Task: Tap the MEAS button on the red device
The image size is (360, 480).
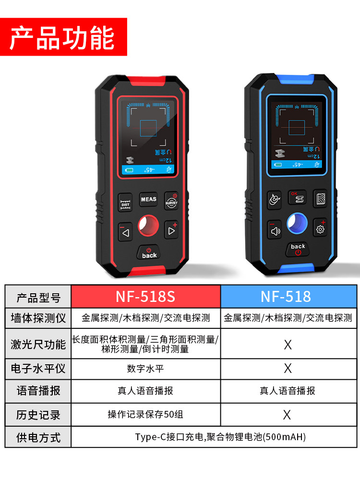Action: (148, 199)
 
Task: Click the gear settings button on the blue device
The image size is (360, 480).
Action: (320, 228)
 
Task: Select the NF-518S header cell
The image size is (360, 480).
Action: (145, 296)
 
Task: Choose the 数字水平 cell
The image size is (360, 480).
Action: (145, 369)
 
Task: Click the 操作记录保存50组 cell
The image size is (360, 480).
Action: (145, 415)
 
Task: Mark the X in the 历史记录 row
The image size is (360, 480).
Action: (287, 415)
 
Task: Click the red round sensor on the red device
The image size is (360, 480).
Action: (148, 226)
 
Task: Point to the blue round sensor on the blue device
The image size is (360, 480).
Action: (298, 224)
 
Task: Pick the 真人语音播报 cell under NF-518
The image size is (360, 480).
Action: (288, 391)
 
